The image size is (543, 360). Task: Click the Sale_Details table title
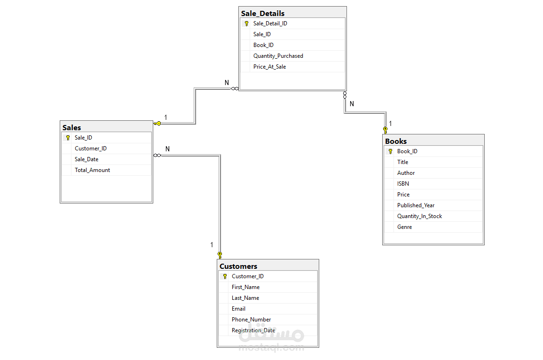coord(262,14)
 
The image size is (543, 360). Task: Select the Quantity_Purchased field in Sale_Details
coord(278,56)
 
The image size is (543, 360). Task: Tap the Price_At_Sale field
coord(269,67)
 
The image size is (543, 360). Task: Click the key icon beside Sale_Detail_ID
coord(246,23)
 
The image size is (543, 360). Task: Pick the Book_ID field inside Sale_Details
coord(263,45)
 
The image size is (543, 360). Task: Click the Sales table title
coord(71,128)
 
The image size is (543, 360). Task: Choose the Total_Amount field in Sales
coord(92,170)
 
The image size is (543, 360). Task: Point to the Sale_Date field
coord(87,159)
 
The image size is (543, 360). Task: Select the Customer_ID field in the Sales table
coord(91,149)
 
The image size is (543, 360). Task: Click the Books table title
coord(396,141)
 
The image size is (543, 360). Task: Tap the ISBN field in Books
coord(403,184)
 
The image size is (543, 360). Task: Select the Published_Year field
coord(416,205)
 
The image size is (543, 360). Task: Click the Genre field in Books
coord(404,227)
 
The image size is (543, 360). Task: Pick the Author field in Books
coord(406,173)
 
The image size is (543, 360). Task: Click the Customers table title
coord(238,266)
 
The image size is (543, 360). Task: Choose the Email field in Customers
coord(239,309)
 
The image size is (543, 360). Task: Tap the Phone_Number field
coord(252,320)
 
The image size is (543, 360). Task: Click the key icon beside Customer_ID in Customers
coord(225,276)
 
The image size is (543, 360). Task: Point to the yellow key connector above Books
coord(386,130)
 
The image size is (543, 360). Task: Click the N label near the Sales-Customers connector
coord(168,149)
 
